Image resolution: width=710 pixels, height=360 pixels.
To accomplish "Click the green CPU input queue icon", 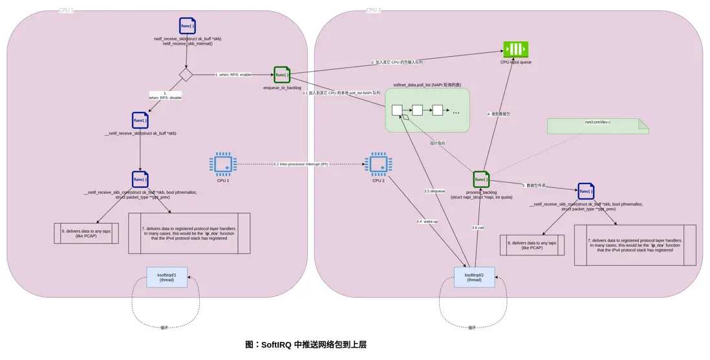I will point(515,50).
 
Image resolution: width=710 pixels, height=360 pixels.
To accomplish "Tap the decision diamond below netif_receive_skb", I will point(186,75).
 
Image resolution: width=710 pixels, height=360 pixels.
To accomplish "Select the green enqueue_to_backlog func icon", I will point(282,75).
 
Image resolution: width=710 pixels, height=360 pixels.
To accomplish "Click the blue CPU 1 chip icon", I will point(223,164).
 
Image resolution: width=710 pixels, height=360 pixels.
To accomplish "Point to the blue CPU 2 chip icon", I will point(378,164).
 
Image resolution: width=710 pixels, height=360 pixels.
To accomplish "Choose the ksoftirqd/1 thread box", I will point(166,277).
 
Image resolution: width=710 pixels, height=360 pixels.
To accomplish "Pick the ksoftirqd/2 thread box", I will point(474,277).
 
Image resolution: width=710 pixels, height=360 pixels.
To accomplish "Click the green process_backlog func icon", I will point(481,180).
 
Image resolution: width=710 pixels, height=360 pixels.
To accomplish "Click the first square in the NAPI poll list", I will point(397,110).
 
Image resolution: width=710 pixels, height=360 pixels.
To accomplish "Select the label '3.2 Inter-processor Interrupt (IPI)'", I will point(301,164).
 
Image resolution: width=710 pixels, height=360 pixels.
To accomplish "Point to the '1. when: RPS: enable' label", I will point(233,75).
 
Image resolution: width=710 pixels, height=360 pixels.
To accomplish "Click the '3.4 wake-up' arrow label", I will point(427,222).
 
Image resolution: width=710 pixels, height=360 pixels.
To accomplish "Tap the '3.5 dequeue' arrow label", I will point(435,191).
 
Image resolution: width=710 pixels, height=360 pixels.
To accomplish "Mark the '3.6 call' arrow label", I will point(478,228).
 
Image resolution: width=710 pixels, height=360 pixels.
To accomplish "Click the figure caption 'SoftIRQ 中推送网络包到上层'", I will point(306,344).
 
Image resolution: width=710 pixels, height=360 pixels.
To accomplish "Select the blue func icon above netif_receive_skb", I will point(188,26).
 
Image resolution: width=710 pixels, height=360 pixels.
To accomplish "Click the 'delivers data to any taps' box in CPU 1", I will point(86,233).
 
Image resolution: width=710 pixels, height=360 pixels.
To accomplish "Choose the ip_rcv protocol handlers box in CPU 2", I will point(635,244).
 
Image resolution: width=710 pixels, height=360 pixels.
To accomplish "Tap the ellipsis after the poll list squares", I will point(456,112).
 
